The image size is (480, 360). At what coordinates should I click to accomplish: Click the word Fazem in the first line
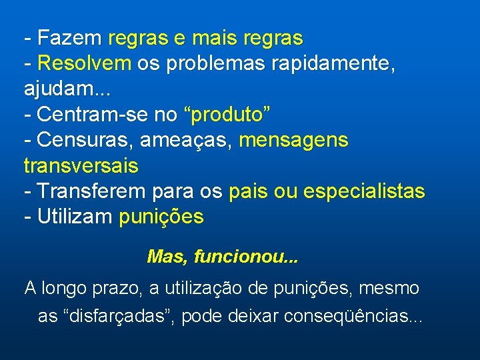(x=70, y=37)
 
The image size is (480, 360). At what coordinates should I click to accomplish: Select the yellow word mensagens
(x=293, y=140)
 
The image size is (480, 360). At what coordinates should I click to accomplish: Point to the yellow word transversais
(x=81, y=165)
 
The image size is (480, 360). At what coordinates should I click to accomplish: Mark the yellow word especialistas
(x=364, y=191)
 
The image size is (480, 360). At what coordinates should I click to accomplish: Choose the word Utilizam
(x=75, y=217)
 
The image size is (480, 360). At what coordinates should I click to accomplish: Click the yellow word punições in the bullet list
(x=161, y=217)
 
